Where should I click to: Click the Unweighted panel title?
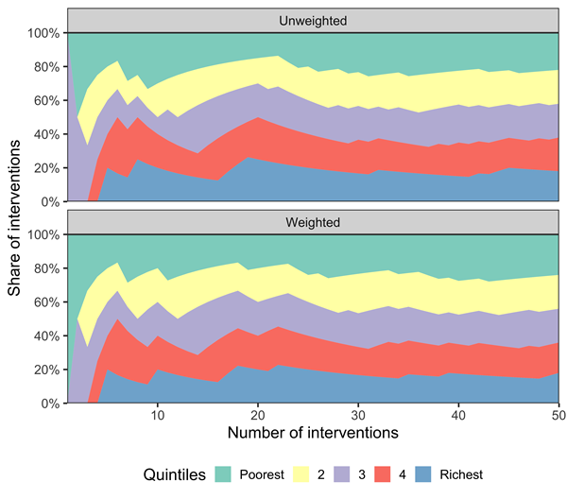tap(312, 20)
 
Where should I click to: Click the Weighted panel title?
tap(312, 222)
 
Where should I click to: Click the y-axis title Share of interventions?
tap(15, 217)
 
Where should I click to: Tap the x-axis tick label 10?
tap(157, 415)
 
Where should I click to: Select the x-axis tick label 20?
tap(257, 415)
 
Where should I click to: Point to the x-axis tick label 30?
tap(357, 415)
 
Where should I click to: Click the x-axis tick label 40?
tap(457, 415)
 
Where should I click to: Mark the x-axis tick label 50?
tap(557, 415)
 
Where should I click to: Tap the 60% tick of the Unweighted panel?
tap(47, 100)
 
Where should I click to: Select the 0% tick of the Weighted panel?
tap(51, 404)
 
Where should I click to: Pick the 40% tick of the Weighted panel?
tap(47, 336)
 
